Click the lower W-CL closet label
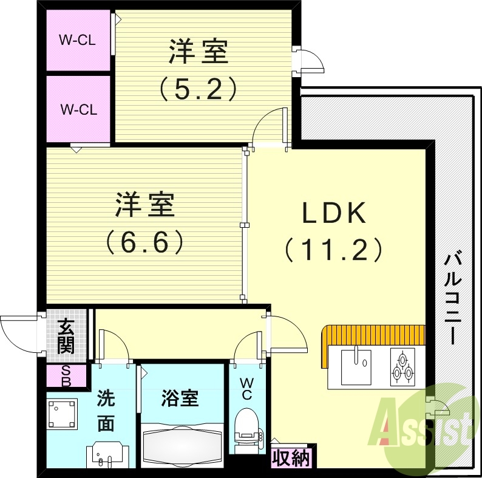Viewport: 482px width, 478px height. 78,110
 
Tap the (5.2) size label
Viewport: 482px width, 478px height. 198,90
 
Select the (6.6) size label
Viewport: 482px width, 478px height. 145,243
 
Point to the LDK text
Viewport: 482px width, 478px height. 333,214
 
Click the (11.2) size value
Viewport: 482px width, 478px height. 333,249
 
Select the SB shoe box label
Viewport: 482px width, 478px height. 66,377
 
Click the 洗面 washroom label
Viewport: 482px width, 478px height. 106,411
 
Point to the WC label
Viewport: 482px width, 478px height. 247,389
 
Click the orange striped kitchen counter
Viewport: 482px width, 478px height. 373,335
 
